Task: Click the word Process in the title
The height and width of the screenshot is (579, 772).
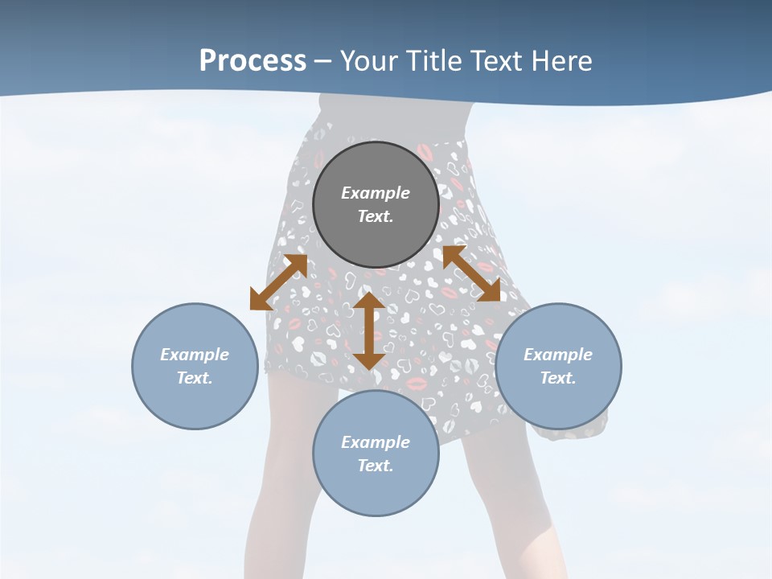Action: point(253,61)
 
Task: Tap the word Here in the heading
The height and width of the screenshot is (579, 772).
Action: point(561,61)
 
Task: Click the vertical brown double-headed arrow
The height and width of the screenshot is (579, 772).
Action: point(369,331)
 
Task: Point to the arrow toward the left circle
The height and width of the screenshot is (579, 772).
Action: point(278,281)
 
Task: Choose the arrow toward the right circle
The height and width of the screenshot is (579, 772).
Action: point(472,273)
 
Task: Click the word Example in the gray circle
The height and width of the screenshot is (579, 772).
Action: point(376,193)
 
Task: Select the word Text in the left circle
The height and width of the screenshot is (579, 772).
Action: point(195,378)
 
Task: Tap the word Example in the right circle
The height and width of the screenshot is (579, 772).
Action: point(558,355)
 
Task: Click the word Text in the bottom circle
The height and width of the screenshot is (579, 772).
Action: point(376,466)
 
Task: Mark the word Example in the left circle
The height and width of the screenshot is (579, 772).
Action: point(195,355)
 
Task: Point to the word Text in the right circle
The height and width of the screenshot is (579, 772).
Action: point(558,378)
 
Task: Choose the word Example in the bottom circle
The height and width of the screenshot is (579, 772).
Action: point(376,442)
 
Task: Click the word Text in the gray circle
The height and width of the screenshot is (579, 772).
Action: point(376,216)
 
